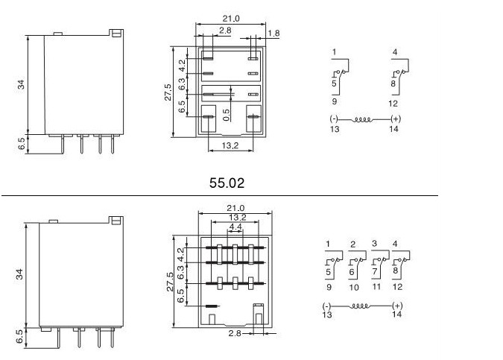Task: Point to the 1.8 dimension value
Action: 273,33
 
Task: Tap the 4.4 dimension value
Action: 235,227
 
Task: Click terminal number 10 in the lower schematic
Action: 353,286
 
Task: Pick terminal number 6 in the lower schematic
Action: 352,274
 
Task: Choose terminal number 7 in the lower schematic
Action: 376,274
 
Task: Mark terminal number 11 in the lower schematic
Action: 376,286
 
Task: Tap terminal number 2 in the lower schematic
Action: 352,244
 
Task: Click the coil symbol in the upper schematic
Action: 362,119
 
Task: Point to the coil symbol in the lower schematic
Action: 361,306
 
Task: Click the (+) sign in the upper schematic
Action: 395,119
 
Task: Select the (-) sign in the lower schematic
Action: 326,306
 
